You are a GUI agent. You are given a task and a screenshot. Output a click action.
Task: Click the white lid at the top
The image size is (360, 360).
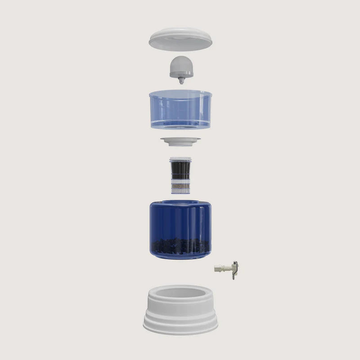click(x=180, y=39)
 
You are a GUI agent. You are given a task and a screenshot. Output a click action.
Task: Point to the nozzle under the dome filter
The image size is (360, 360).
click(x=180, y=81)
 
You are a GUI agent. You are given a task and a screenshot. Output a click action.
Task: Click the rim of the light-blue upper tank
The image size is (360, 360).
click(x=180, y=94)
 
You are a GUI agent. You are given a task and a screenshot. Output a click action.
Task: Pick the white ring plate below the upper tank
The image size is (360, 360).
click(x=180, y=141)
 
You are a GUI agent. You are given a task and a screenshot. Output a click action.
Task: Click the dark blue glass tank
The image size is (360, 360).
click(x=180, y=220)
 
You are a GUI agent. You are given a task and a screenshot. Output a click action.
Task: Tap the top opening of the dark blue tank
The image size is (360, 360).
click(x=180, y=202)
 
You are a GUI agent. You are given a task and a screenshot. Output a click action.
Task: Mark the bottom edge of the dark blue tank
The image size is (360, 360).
click(x=180, y=257)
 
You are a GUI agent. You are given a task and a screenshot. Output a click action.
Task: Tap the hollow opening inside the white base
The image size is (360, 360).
click(x=180, y=295)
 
